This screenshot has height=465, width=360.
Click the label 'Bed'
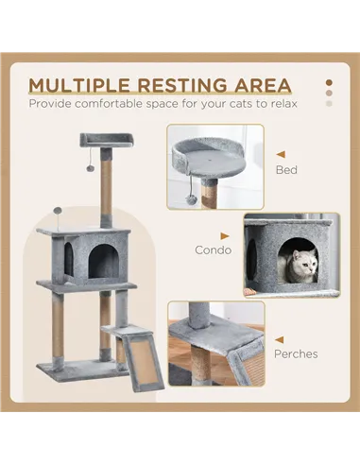pyautogui.click(x=284, y=171)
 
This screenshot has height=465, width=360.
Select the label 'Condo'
pyautogui.click(x=212, y=250)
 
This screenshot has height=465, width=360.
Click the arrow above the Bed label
pyautogui.click(x=280, y=152)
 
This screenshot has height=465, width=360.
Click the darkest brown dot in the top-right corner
pyautogui.click(x=329, y=81)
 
